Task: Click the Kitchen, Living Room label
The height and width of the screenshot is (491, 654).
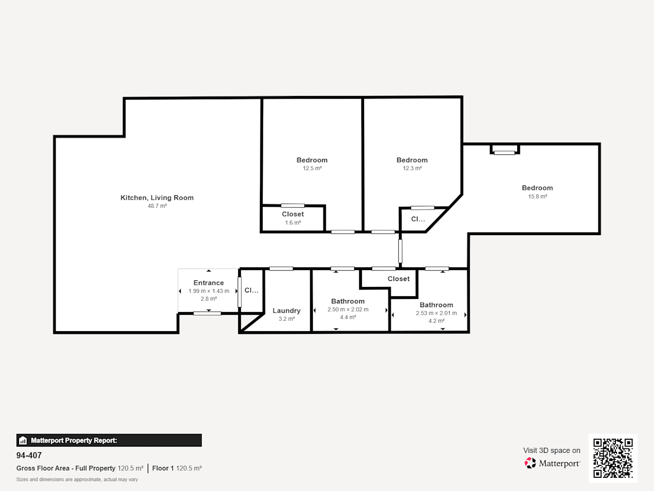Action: click(157, 198)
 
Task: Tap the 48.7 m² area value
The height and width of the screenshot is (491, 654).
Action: click(157, 206)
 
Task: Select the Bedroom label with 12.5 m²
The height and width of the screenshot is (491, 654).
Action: click(312, 160)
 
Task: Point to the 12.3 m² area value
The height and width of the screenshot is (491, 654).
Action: click(412, 169)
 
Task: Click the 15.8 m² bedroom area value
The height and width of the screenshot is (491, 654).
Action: click(537, 197)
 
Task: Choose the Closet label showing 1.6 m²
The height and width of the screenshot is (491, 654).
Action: click(293, 214)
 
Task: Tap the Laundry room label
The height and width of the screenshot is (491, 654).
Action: click(287, 310)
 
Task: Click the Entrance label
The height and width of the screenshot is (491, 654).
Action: click(209, 283)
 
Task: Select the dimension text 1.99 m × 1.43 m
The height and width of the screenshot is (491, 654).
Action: click(209, 291)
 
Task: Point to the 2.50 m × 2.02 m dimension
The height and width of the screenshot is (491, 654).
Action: click(348, 309)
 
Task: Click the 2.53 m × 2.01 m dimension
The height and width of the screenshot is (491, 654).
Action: click(437, 313)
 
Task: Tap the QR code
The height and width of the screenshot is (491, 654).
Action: click(613, 458)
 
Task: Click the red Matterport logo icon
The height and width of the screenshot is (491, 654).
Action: click(530, 463)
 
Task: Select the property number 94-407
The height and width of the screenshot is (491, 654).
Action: click(29, 456)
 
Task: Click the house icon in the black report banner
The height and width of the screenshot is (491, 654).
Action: click(23, 440)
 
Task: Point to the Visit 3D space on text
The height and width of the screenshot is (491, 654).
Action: click(552, 451)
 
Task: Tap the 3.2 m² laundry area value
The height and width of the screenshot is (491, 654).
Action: click(287, 319)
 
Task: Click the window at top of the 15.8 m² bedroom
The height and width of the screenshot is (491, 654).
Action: click(505, 153)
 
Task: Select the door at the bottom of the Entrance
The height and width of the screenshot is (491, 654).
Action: click(208, 313)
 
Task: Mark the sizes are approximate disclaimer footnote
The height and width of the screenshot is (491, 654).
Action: click(77, 480)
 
